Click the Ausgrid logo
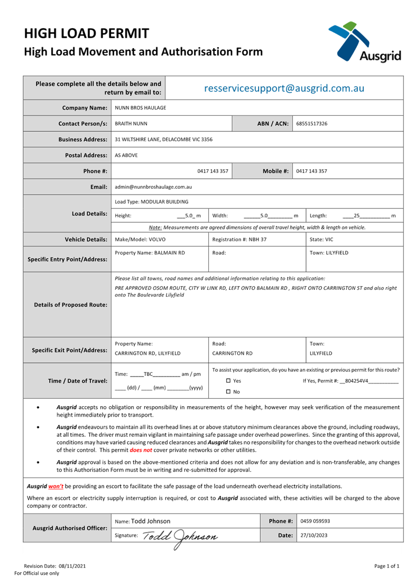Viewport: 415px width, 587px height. click(365, 42)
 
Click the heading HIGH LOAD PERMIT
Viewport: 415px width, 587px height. click(86, 34)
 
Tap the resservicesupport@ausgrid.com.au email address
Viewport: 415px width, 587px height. click(284, 89)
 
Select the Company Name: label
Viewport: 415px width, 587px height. click(85, 108)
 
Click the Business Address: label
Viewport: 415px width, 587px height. click(82, 140)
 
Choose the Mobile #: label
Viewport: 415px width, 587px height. click(275, 171)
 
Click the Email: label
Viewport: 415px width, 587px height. click(99, 187)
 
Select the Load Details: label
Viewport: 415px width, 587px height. click(89, 214)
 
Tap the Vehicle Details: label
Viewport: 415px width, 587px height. click(86, 240)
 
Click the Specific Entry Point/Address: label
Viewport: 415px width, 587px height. click(67, 260)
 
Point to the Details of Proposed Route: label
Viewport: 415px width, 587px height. click(70, 305)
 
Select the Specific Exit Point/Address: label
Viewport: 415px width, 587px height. click(69, 350)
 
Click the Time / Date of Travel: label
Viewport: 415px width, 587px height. click(78, 381)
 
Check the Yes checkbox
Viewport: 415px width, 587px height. click(228, 380)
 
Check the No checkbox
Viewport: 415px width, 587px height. click(228, 392)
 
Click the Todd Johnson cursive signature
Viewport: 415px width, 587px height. click(180, 536)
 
